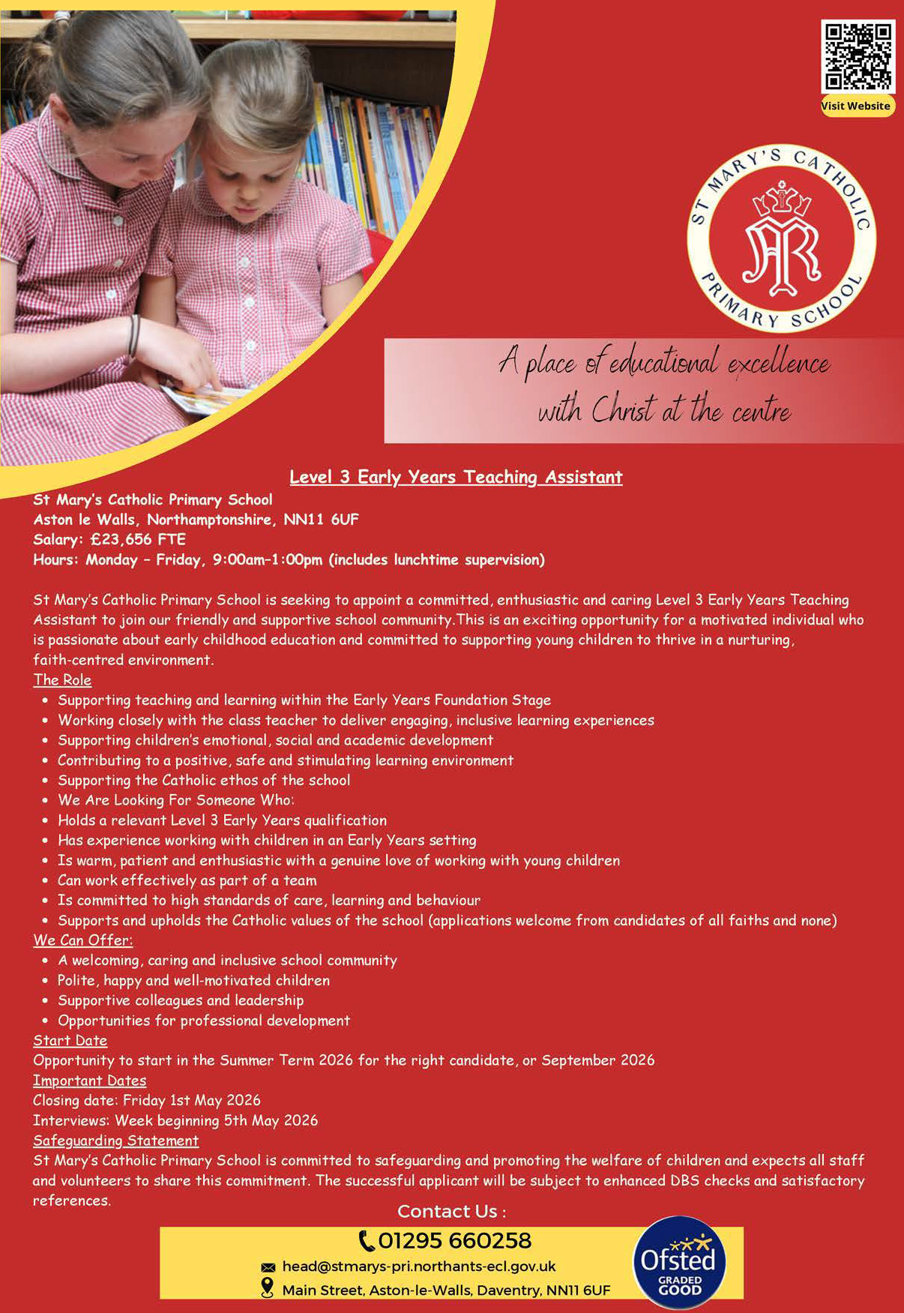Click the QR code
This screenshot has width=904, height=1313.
(858, 57)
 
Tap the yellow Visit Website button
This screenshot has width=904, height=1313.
(857, 106)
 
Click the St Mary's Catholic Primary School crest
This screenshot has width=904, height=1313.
(782, 238)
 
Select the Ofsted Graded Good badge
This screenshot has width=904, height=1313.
(680, 1262)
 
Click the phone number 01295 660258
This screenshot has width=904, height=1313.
(455, 1241)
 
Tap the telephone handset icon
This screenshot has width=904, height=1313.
(367, 1241)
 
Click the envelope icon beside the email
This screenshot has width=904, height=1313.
(268, 1267)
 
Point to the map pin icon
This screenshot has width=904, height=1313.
(267, 1288)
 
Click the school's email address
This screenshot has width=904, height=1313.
(418, 1267)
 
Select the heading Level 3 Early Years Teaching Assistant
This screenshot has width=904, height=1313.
(456, 477)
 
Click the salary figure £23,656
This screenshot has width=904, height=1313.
(121, 539)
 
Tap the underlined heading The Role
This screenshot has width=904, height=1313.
(62, 680)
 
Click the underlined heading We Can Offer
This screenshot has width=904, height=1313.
(82, 940)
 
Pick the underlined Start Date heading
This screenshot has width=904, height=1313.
(70, 1041)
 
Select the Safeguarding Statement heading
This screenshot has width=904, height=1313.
(115, 1141)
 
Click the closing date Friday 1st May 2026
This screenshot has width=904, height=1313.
(191, 1100)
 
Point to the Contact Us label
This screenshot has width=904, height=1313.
(451, 1211)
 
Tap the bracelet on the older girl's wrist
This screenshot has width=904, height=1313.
(133, 335)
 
